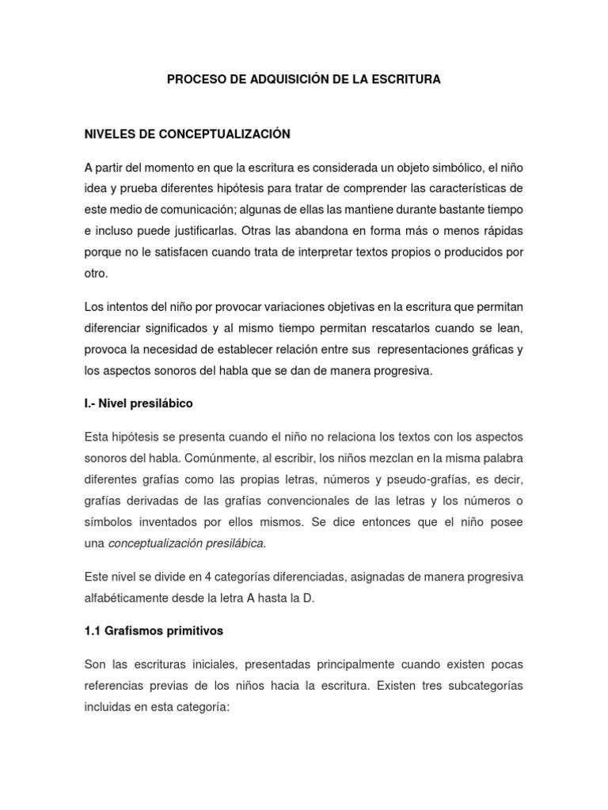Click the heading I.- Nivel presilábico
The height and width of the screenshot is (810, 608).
tap(138, 403)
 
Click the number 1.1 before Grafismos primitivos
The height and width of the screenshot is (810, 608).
tap(93, 630)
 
